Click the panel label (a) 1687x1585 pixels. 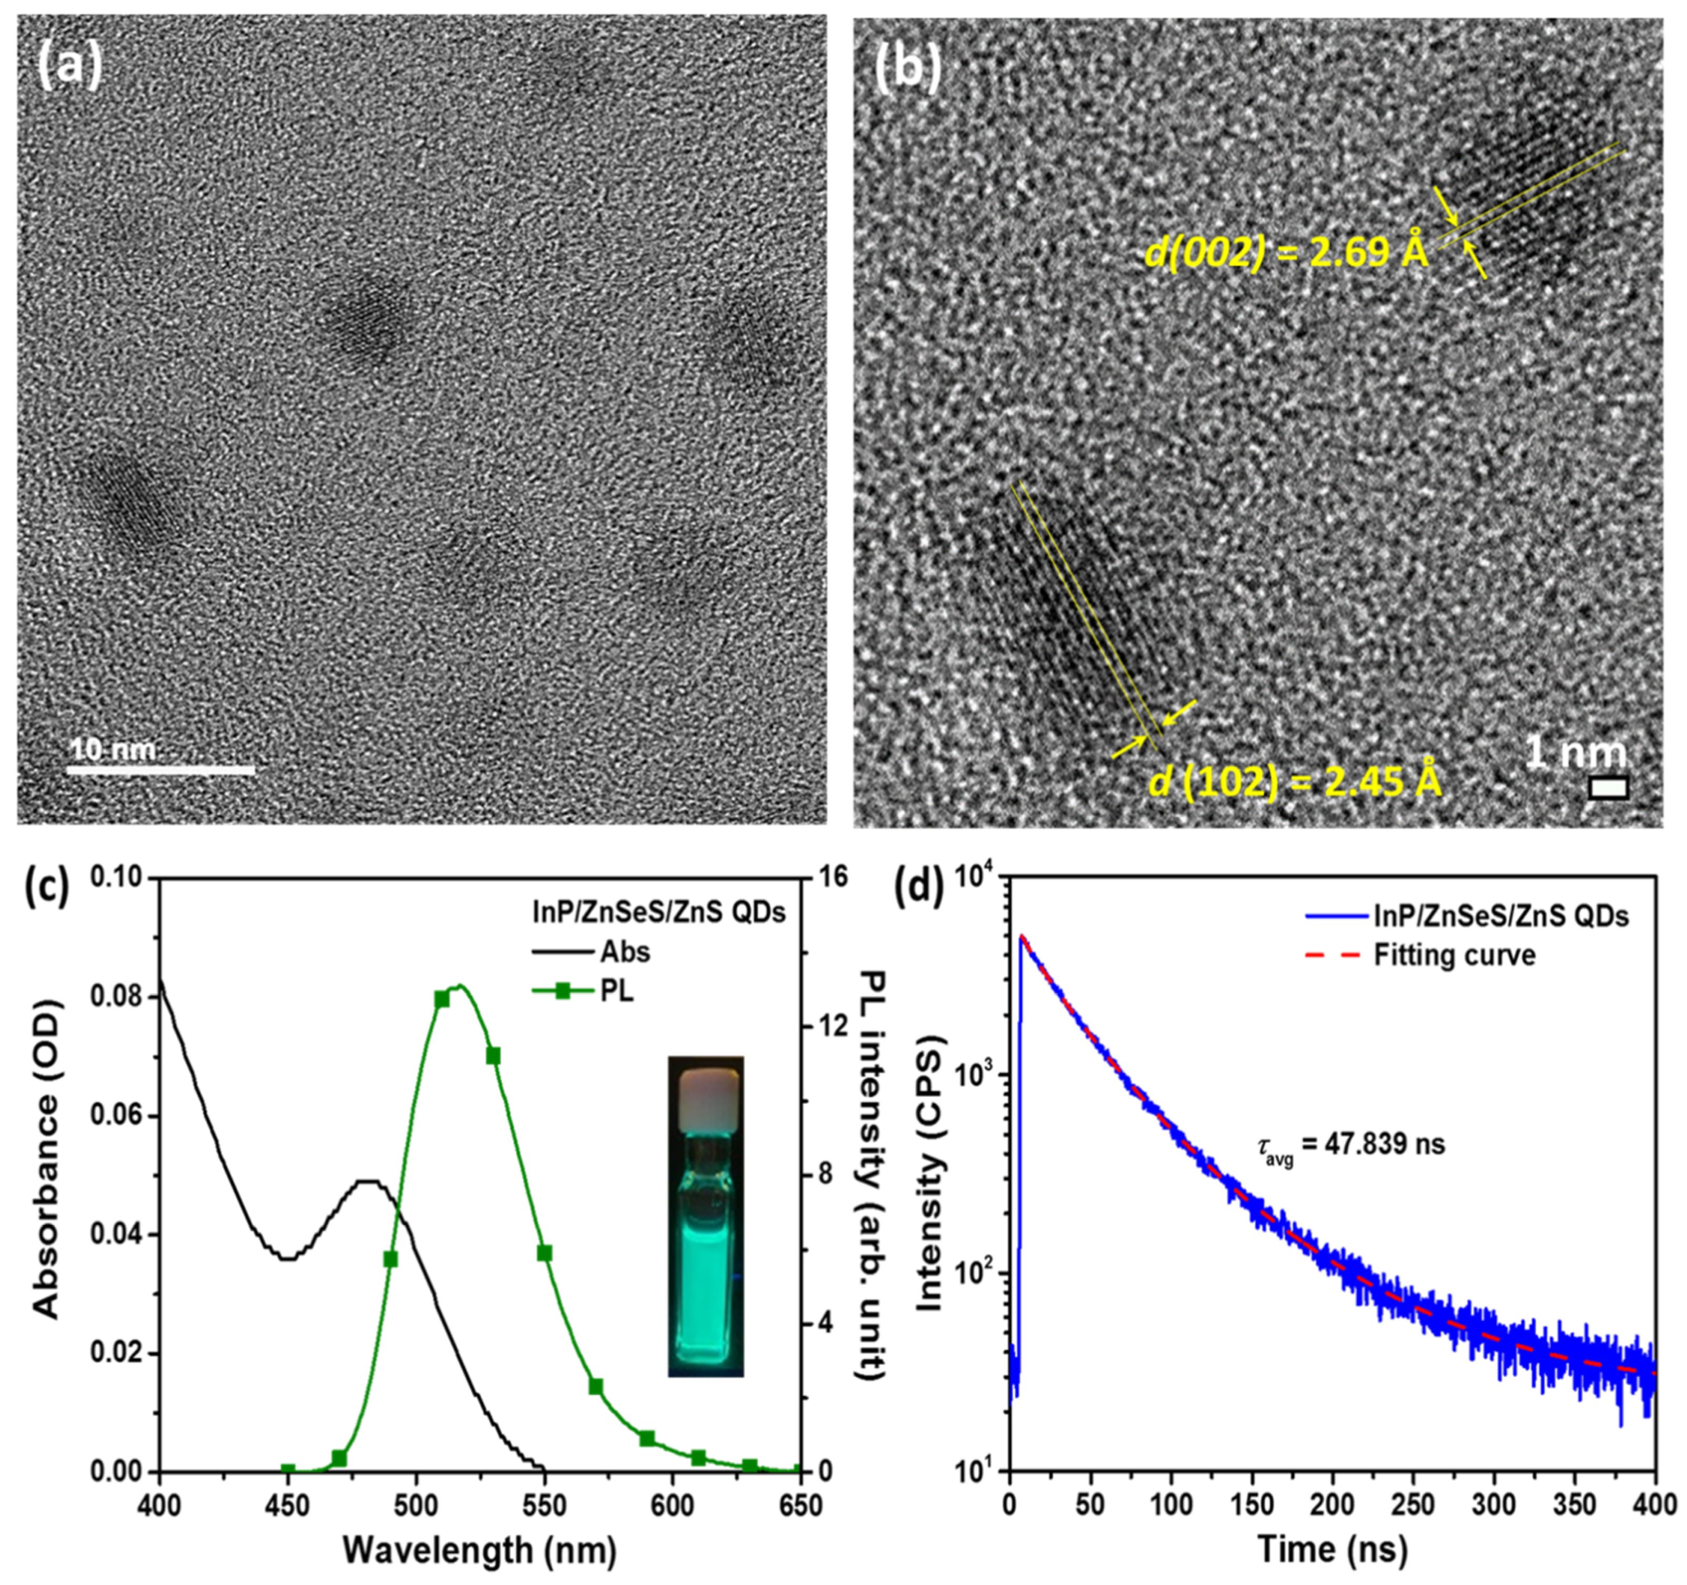click(69, 67)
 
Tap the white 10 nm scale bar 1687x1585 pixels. click(160, 770)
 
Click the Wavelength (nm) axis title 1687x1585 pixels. click(479, 1551)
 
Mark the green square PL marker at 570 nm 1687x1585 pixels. click(595, 1387)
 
